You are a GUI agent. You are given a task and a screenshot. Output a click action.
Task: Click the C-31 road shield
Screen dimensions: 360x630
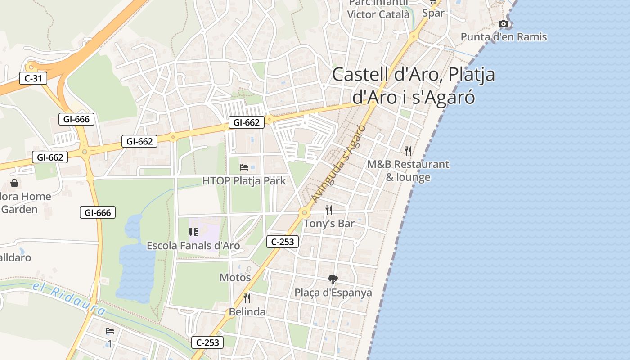pyautogui.click(x=33, y=78)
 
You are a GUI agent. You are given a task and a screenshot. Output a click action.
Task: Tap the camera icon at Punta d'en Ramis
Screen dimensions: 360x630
pyautogui.click(x=504, y=24)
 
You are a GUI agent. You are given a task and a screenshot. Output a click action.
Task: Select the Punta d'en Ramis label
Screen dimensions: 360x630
pyautogui.click(x=504, y=37)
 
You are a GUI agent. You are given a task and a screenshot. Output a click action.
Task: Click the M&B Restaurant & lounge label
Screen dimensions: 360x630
pyautogui.click(x=408, y=171)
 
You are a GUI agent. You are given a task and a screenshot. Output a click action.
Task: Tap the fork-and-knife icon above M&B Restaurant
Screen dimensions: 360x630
pyautogui.click(x=408, y=151)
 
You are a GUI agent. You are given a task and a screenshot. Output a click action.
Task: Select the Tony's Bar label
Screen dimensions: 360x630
pyautogui.click(x=329, y=224)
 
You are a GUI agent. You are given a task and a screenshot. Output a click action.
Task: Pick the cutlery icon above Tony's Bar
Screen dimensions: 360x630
pyautogui.click(x=329, y=210)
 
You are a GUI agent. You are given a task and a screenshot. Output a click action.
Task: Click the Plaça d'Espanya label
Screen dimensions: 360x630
pyautogui.click(x=333, y=292)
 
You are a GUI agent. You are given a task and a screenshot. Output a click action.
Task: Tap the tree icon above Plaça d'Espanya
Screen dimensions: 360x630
pyautogui.click(x=333, y=279)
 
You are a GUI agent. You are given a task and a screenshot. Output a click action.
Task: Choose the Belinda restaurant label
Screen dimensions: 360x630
pyautogui.click(x=247, y=312)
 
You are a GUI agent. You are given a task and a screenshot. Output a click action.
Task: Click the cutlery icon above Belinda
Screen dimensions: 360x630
pyautogui.click(x=247, y=298)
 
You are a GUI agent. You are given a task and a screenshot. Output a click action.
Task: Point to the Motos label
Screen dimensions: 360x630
pyautogui.click(x=235, y=278)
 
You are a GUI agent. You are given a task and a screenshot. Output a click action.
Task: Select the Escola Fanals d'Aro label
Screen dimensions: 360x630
pyautogui.click(x=193, y=246)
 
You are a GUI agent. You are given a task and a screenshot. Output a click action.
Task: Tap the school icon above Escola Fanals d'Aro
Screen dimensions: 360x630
pyautogui.click(x=193, y=232)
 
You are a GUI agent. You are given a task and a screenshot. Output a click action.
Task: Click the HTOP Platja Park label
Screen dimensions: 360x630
pyautogui.click(x=244, y=181)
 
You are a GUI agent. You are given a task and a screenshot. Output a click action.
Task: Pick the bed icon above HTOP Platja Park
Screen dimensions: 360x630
pyautogui.click(x=244, y=167)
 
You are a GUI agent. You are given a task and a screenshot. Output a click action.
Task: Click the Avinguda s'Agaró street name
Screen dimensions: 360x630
pyautogui.click(x=338, y=164)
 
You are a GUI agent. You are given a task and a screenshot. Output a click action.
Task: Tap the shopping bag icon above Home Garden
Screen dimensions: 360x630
pyautogui.click(x=14, y=183)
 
